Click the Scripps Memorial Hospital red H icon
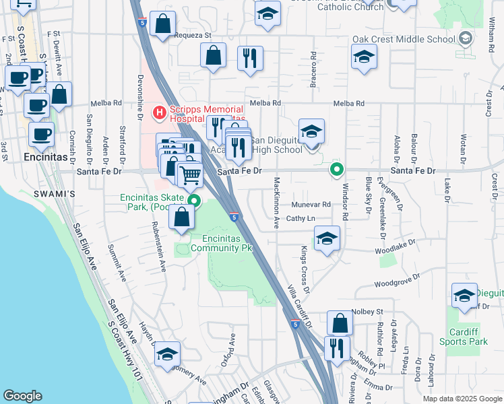tap(160, 112)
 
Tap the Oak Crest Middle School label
tap(404, 39)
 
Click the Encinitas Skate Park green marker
tap(194, 200)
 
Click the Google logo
tap(22, 396)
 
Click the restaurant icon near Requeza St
tap(250, 58)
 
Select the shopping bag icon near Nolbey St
tap(340, 323)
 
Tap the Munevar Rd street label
tap(311, 205)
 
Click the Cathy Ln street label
tap(301, 219)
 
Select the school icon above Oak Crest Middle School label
tap(364, 57)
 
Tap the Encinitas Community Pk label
tap(221, 243)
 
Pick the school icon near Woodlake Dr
tap(327, 238)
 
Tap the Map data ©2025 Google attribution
tap(461, 399)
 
